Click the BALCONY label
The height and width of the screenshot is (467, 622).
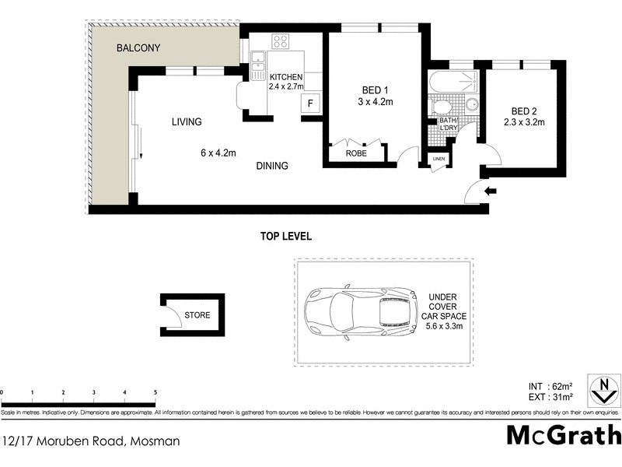tap(138, 48)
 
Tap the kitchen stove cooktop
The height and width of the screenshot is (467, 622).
tap(281, 42)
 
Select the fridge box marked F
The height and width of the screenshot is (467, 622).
tap(310, 104)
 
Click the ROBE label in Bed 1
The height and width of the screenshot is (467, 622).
tap(356, 154)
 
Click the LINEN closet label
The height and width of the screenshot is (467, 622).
tap(439, 160)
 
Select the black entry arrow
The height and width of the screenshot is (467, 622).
tap(489, 191)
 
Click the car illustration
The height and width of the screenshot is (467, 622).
tap(359, 312)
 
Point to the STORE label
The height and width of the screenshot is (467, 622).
tap(197, 315)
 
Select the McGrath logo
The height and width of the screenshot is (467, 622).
tap(564, 435)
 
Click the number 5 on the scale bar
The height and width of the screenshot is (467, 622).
tap(155, 392)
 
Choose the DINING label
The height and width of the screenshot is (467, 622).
tap(270, 166)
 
